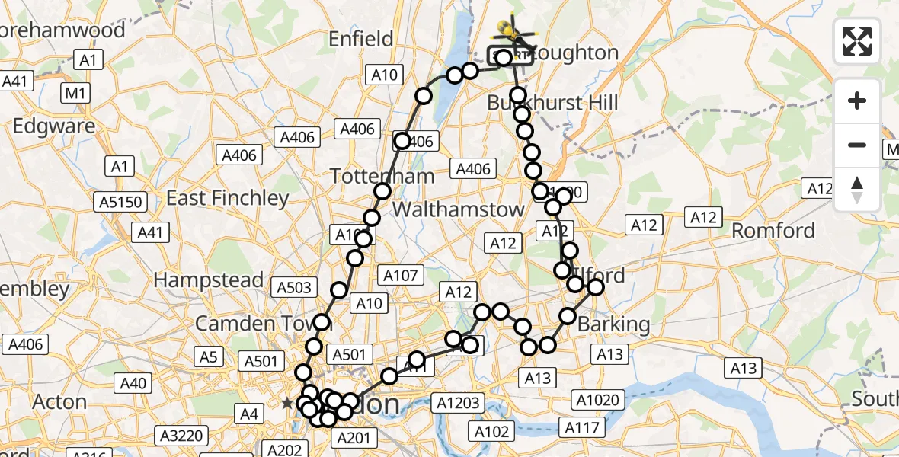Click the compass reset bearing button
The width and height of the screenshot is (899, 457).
point(857,189)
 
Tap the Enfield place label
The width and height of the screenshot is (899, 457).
point(360,39)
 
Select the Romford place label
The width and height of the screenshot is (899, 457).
point(773,231)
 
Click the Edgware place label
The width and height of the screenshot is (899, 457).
point(54,126)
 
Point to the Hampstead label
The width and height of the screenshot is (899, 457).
point(209,280)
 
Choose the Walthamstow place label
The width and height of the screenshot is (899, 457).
point(459,209)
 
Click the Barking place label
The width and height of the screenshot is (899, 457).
point(614,324)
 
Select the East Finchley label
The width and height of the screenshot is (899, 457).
point(228,199)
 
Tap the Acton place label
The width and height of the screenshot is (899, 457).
point(60,401)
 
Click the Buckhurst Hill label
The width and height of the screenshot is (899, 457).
point(552,103)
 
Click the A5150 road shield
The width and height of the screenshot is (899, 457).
point(120,201)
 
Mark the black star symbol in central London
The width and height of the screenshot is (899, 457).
point(286,402)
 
